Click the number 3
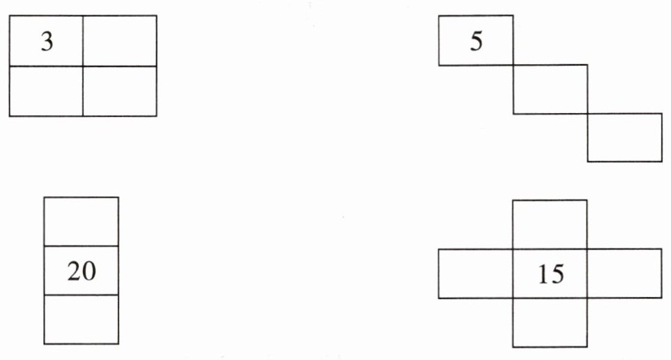coord(46,42)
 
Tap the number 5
coord(476,42)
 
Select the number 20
coord(81,271)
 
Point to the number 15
coord(550,274)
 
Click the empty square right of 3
coord(120,40)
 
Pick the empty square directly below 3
coord(46,91)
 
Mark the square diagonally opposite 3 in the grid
coord(120,91)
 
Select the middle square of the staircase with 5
coord(550,89)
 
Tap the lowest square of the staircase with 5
coord(625,137)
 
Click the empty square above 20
coord(81,222)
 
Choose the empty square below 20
coord(81,320)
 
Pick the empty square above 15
coord(550,225)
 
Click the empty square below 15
coord(550,322)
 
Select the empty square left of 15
coord(476,273)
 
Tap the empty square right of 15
coord(624,273)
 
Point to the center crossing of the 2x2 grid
coord(83,66)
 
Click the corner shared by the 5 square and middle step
coord(513,66)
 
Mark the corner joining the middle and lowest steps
coord(588,114)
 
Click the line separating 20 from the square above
coord(81,246)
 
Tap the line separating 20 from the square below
coord(81,295)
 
